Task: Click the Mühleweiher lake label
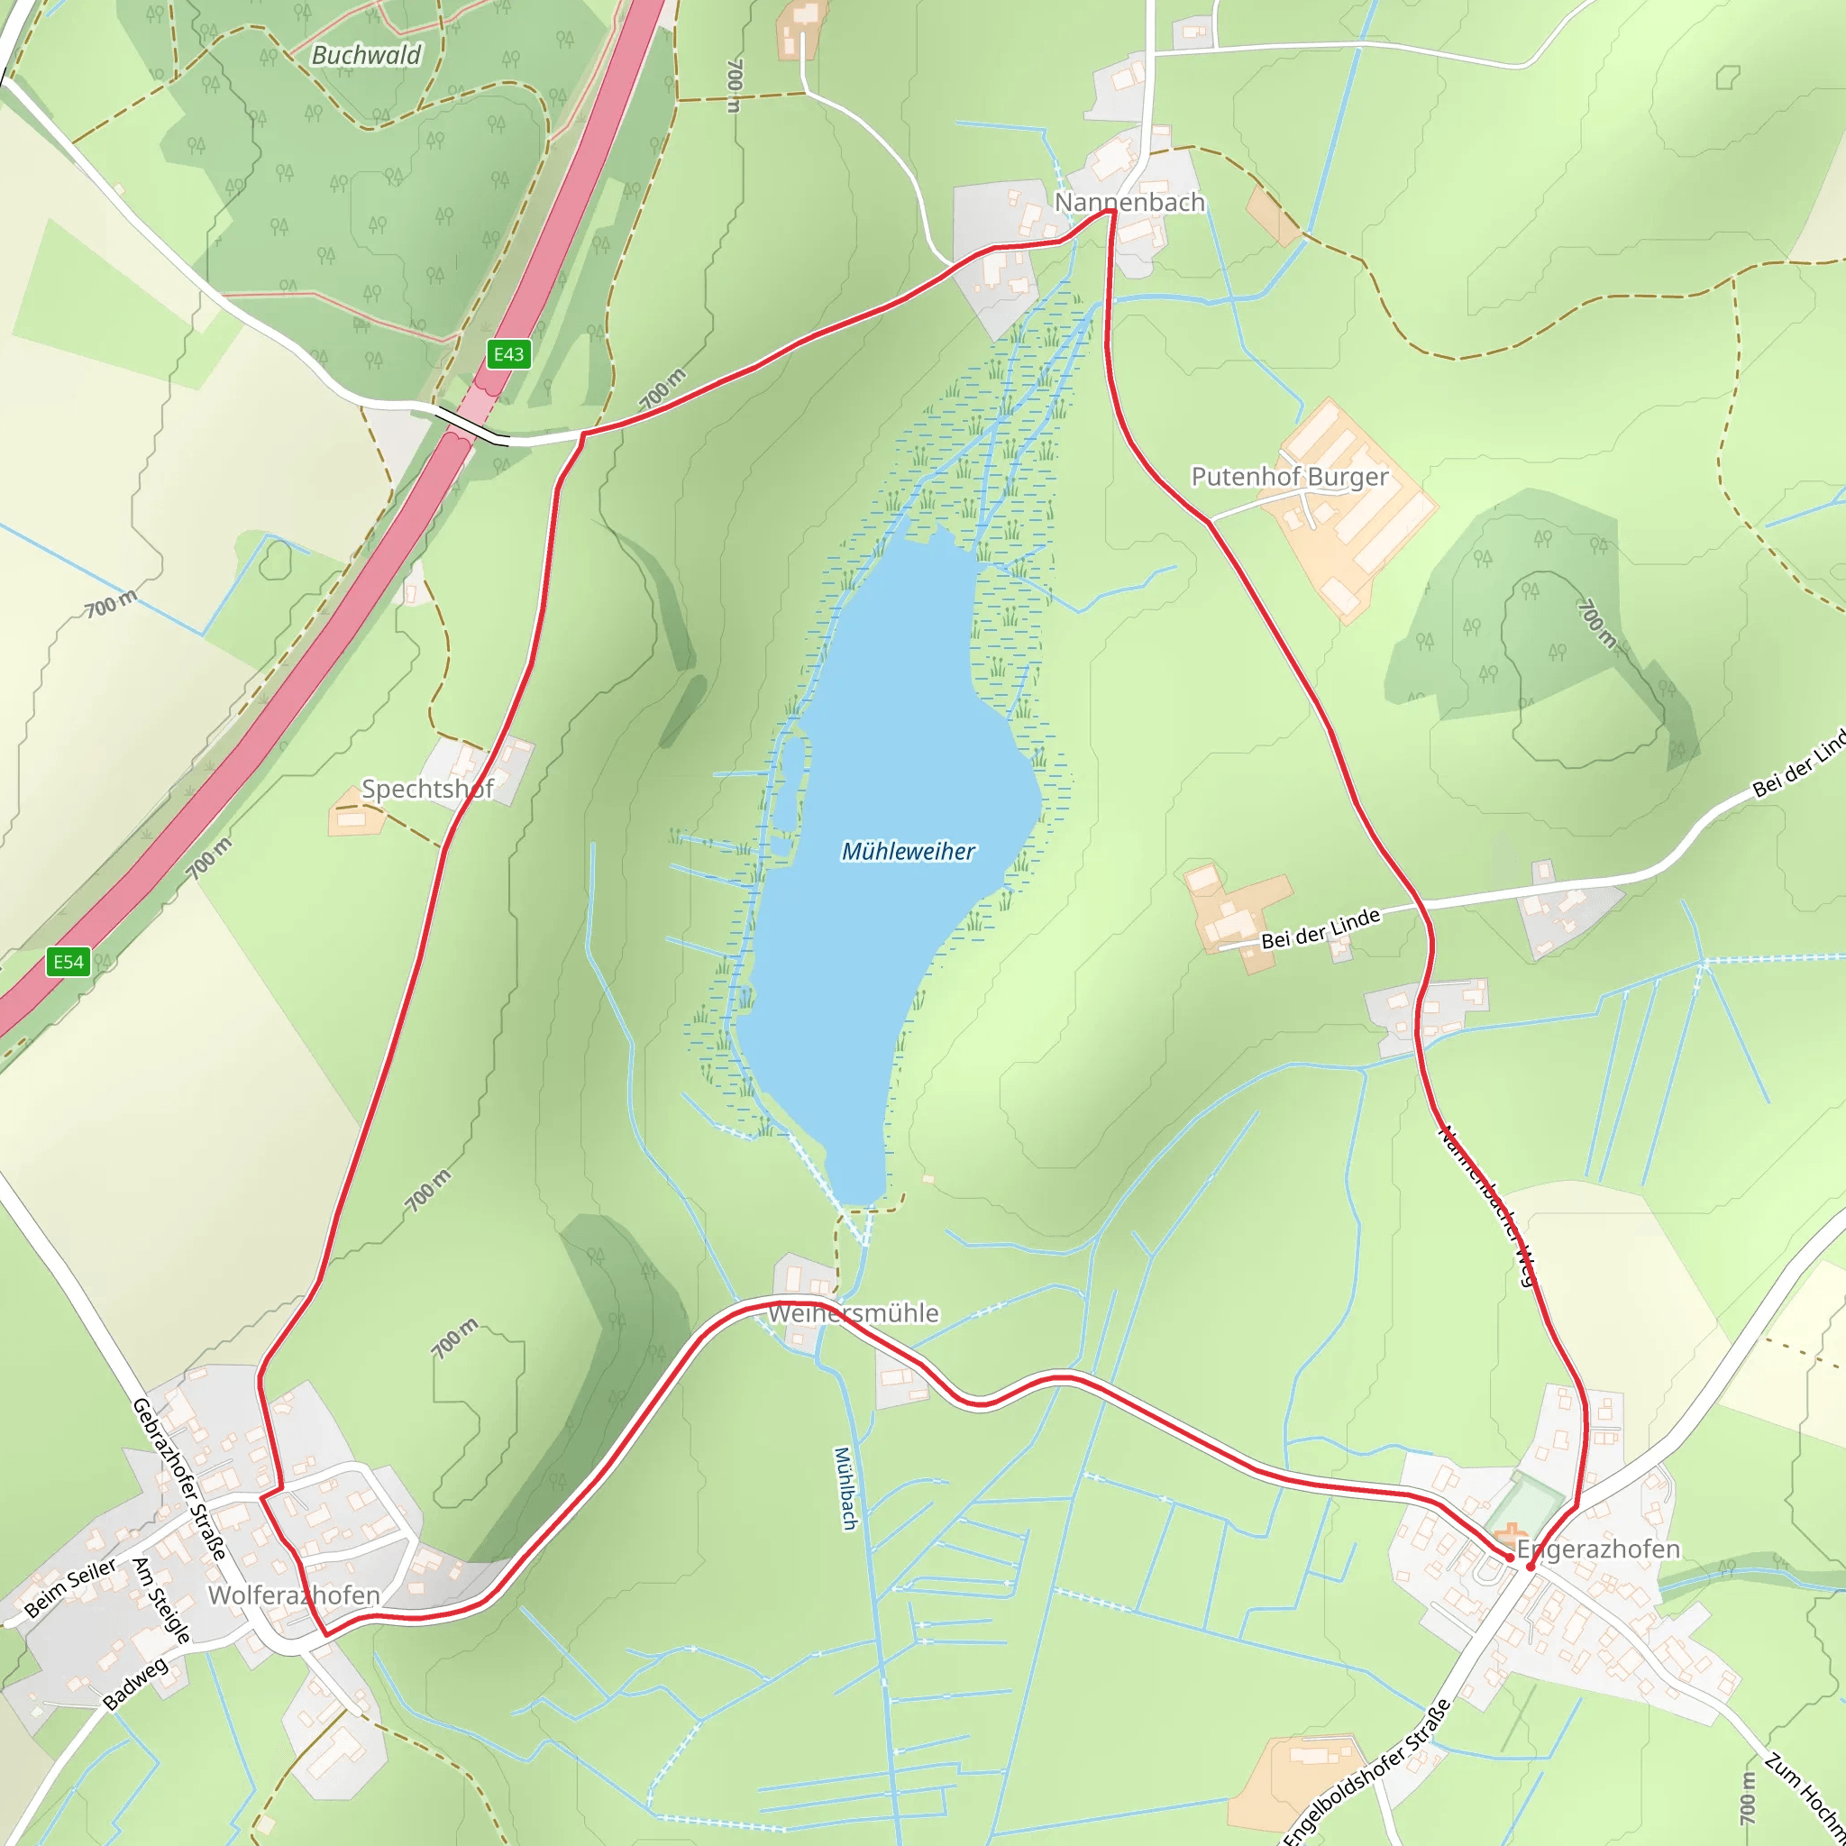(908, 851)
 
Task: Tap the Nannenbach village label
(1129, 203)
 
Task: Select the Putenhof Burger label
(1289, 477)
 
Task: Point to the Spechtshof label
(427, 790)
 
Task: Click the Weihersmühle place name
(854, 1314)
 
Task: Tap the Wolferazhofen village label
(294, 1595)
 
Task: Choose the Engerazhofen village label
(1597, 1549)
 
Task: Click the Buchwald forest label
(366, 55)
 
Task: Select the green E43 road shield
(507, 354)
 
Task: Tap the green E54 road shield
(68, 962)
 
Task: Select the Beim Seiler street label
(69, 1588)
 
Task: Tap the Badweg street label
(136, 1684)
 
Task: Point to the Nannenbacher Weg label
(1487, 1207)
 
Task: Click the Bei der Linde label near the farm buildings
(1321, 928)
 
